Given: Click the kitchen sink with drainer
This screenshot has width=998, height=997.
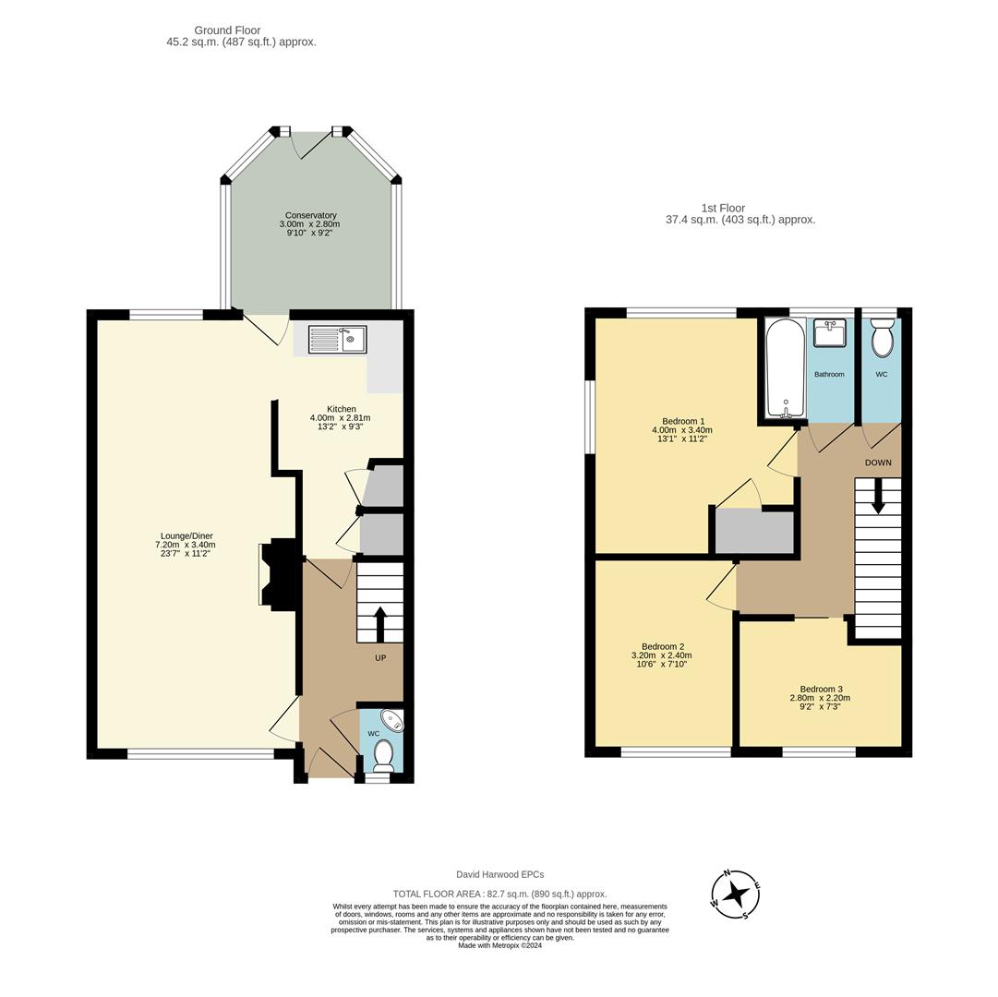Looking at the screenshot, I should click(337, 340).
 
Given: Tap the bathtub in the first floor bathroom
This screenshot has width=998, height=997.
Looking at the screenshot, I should click(786, 368).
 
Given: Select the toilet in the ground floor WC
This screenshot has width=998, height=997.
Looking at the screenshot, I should click(384, 755).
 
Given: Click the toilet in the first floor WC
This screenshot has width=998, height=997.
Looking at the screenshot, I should click(883, 338).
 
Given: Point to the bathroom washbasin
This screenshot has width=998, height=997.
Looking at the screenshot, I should click(829, 333).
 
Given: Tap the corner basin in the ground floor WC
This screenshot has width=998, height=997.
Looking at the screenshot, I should click(393, 720).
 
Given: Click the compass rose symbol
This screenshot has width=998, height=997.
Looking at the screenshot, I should click(735, 894).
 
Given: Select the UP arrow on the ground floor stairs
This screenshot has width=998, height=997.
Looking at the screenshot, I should click(379, 623).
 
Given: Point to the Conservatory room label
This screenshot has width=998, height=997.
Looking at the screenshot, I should click(310, 215).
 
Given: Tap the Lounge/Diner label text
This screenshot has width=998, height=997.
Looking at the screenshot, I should click(186, 535).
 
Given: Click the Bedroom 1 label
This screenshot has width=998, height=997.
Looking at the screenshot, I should click(682, 421).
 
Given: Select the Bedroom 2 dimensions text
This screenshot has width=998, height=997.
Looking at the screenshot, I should click(661, 659).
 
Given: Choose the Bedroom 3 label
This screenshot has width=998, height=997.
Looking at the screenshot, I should click(821, 689).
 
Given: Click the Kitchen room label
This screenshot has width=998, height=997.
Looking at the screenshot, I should click(341, 409).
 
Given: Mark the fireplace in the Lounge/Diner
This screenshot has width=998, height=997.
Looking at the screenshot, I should click(277, 575).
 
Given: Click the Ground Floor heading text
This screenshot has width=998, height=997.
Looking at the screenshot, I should click(227, 30).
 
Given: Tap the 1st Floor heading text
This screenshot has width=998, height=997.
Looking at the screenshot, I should click(723, 208).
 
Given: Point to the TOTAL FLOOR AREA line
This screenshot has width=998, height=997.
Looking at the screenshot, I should click(499, 894).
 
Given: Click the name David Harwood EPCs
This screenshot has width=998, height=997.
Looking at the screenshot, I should click(499, 874).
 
